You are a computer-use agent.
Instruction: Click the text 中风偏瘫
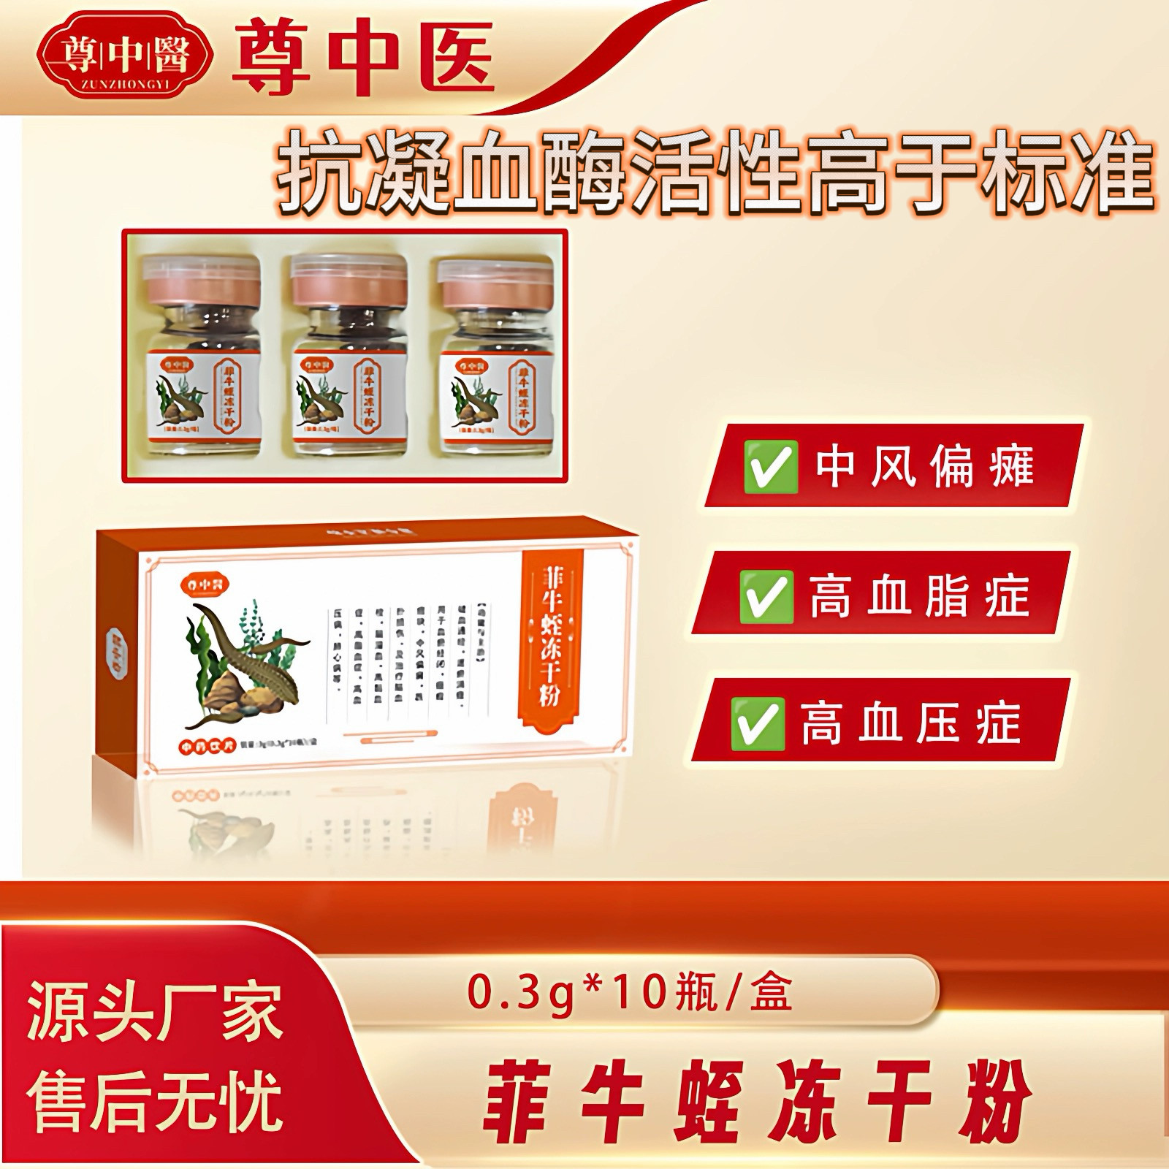click(924, 465)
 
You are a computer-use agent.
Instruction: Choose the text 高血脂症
click(919, 597)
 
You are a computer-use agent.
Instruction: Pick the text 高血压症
click(910, 723)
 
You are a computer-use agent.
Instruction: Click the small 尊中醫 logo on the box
click(203, 583)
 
